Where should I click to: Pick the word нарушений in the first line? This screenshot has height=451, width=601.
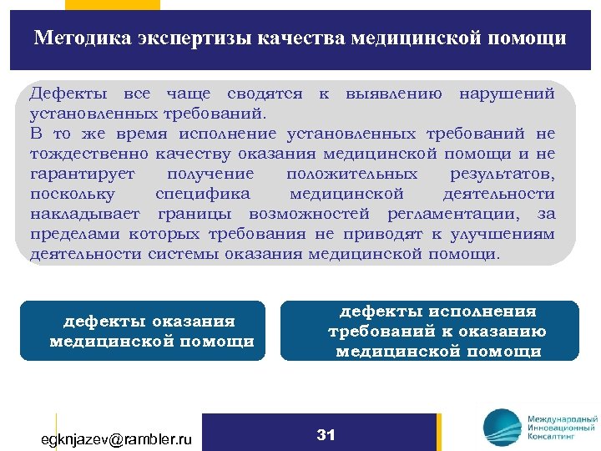[507, 94]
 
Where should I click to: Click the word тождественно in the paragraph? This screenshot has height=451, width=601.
[89, 154]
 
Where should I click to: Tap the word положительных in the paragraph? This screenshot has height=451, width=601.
[351, 174]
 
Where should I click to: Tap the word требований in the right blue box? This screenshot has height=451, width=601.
[381, 332]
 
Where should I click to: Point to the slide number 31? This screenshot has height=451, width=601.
[326, 434]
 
